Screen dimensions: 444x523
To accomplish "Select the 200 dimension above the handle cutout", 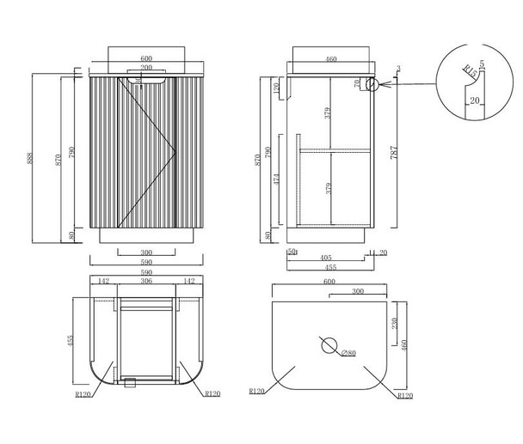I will point(146,66).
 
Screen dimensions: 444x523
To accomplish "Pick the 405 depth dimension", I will point(326,257).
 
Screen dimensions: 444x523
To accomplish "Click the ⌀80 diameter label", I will point(348,353).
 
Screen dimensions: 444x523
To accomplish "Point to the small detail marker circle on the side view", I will point(371,83).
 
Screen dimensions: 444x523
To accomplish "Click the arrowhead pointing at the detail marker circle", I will point(384,83).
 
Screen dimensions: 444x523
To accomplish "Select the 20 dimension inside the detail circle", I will point(474,100).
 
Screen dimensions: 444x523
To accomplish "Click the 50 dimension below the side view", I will point(292,252).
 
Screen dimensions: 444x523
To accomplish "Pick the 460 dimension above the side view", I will point(329,60).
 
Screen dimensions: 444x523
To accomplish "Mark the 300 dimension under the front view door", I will point(145,253).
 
